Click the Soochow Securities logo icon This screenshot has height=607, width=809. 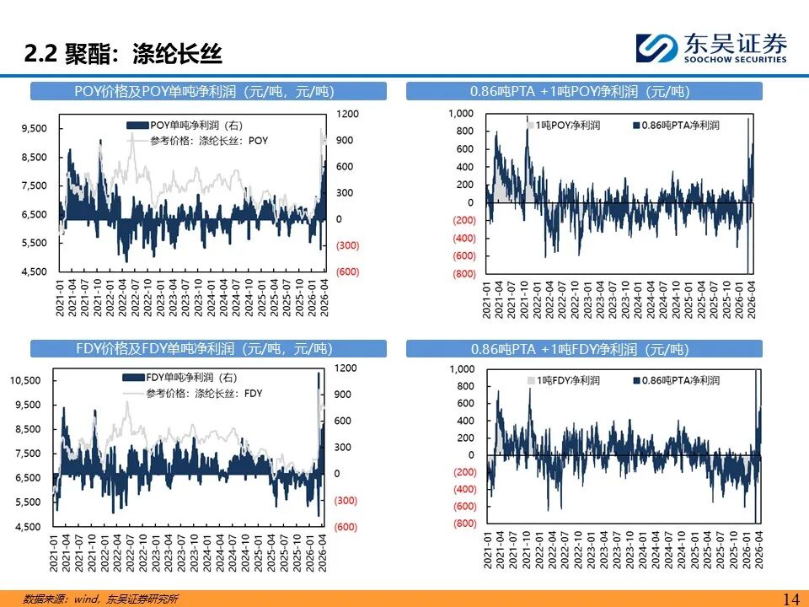(x=656, y=48)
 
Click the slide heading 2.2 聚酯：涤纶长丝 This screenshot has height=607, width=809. (x=123, y=54)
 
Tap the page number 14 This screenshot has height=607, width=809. (x=791, y=599)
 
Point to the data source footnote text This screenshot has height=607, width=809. (x=100, y=599)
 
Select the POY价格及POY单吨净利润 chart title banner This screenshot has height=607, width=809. (x=208, y=91)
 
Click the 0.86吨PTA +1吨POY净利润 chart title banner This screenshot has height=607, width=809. (x=584, y=91)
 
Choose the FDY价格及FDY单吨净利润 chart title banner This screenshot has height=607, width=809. (x=208, y=348)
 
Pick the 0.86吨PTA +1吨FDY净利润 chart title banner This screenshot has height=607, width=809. (x=584, y=349)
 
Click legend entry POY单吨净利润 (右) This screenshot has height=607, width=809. (x=185, y=126)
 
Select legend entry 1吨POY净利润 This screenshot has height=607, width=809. (x=564, y=125)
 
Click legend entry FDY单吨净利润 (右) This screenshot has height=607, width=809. (x=182, y=378)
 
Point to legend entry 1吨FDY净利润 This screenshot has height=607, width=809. (x=564, y=380)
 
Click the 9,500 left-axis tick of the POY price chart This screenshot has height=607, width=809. (x=34, y=128)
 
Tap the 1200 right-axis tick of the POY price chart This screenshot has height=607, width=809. (x=347, y=114)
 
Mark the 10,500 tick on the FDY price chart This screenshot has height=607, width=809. (x=24, y=380)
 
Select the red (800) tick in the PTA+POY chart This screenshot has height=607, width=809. (x=463, y=273)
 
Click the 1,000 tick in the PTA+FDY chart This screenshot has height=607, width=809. (x=462, y=369)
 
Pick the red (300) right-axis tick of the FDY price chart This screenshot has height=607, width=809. (x=346, y=500)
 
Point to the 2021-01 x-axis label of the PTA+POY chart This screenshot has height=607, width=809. (x=486, y=300)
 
